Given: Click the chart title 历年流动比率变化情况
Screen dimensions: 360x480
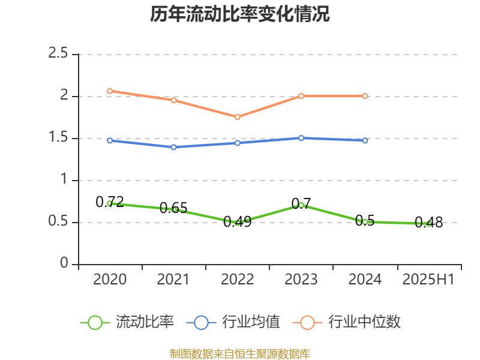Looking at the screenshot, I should [240, 14].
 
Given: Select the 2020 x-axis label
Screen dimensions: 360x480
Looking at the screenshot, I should [110, 280].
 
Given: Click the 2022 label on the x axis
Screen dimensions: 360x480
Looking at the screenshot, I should [237, 280].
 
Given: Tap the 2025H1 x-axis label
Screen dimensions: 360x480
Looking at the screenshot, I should [428, 280].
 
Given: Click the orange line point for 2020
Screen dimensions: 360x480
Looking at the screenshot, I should [110, 91].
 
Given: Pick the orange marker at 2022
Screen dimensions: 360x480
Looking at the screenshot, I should [238, 117].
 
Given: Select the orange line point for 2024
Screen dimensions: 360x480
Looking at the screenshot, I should [365, 96].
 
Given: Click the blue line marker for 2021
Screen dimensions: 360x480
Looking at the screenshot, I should [173, 147].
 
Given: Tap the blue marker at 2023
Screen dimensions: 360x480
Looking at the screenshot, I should [301, 138].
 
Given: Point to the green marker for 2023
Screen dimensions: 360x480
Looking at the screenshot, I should [301, 206].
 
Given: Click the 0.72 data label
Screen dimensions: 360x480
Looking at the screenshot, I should [110, 202].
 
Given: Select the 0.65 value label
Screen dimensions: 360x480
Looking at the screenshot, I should [173, 208].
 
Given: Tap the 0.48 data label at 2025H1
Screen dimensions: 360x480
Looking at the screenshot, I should [428, 223].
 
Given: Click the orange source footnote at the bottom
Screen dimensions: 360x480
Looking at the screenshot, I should [240, 353].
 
